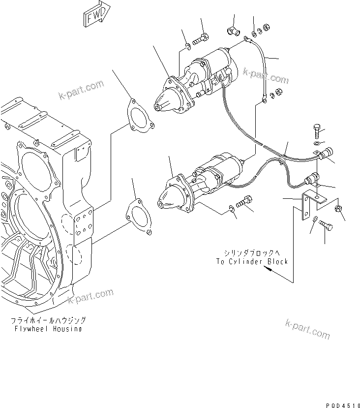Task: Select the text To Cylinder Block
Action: pos(251,261)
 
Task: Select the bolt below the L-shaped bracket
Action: pos(325,225)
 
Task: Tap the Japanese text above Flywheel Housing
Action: pos(48,320)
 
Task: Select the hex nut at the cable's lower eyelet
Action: pos(277,92)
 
